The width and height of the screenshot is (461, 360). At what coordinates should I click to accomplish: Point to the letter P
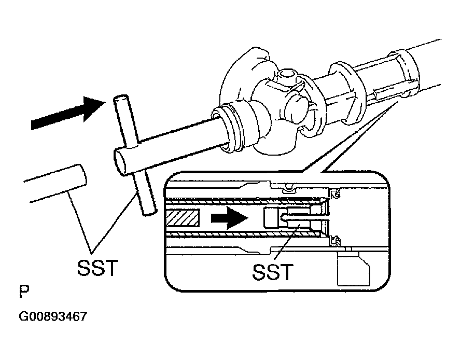click(x=23, y=292)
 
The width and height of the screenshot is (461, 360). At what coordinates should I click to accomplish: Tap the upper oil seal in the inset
click(x=334, y=194)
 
